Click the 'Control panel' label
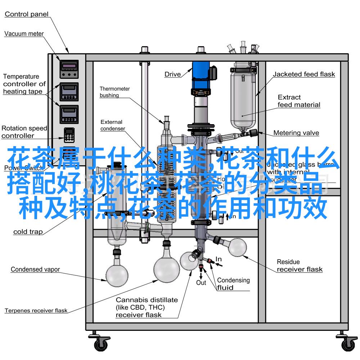(x=27, y=14)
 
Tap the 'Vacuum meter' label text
(x=24, y=34)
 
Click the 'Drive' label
(x=173, y=75)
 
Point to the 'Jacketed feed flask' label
(x=304, y=75)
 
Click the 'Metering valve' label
(x=296, y=133)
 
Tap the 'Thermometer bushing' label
(x=114, y=92)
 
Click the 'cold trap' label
(x=28, y=232)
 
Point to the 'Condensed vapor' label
(x=35, y=269)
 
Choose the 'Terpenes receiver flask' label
(x=36, y=310)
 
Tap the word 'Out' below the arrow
(x=201, y=283)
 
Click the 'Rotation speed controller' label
(x=24, y=132)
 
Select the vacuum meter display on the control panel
(x=69, y=66)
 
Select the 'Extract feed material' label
(x=299, y=101)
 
